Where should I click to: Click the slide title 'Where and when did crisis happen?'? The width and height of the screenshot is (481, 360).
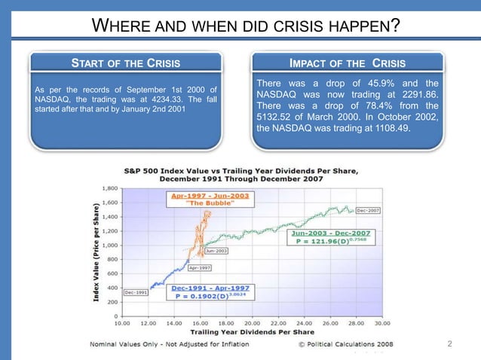(245, 29)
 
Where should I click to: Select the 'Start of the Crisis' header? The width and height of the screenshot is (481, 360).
(125, 63)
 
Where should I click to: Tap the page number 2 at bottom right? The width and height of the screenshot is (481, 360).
(449, 344)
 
